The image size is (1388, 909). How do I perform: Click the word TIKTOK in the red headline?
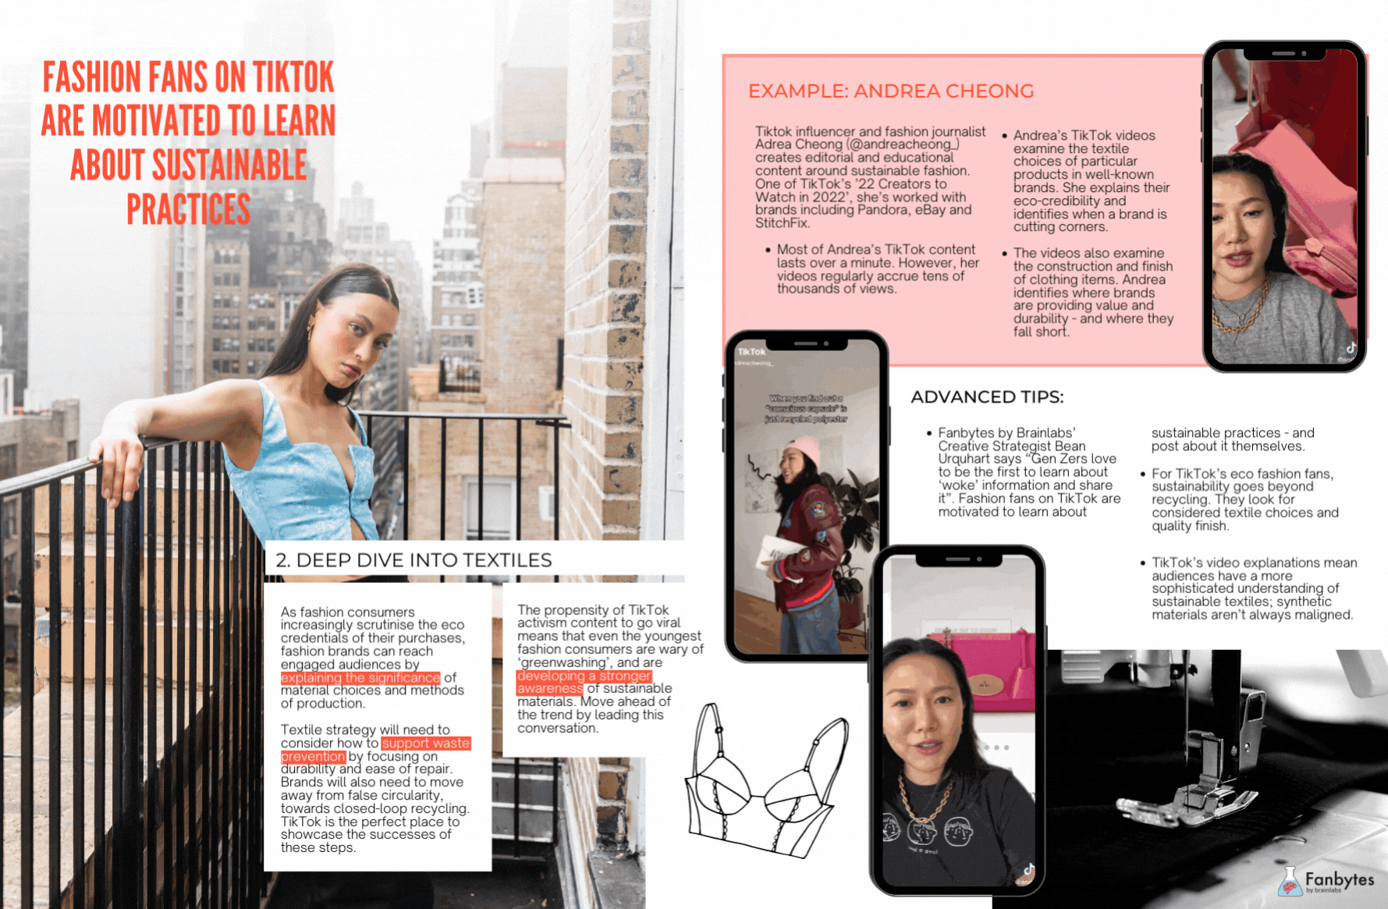coord(293,78)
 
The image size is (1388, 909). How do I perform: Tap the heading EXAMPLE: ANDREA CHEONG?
coord(890,91)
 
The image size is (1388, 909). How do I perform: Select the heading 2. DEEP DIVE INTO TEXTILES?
coord(414,560)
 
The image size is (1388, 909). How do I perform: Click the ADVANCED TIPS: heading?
coord(987,397)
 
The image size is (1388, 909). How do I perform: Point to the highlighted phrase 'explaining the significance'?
coord(360,678)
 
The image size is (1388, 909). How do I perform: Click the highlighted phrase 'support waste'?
coord(426,744)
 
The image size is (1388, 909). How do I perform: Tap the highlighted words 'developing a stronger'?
coord(583,676)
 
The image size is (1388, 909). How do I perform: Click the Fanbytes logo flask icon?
coord(1290,882)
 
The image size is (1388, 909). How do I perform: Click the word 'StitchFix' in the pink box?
coord(782,223)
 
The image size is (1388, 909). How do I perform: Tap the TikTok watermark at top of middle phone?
coord(752,352)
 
